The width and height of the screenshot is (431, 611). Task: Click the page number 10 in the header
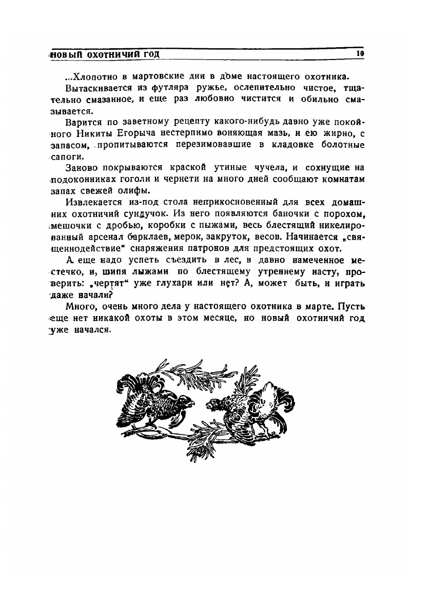point(360,53)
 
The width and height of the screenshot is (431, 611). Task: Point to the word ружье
point(202,89)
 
